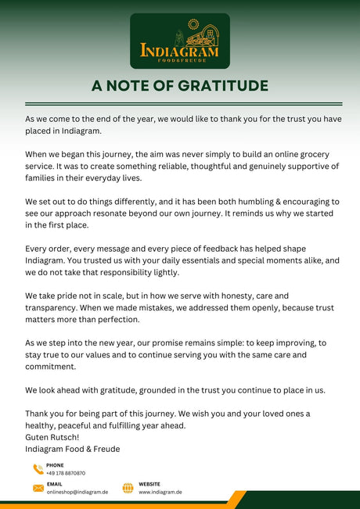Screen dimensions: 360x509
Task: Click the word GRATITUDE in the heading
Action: (218, 86)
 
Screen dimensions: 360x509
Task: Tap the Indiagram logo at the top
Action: (180, 41)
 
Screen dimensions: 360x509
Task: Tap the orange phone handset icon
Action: (38, 469)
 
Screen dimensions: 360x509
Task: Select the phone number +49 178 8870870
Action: (66, 473)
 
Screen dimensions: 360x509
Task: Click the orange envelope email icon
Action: (38, 488)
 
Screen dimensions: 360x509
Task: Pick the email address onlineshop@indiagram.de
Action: (77, 492)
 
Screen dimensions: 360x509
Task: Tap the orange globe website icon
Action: (128, 488)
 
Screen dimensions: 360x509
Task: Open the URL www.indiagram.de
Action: (160, 492)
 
